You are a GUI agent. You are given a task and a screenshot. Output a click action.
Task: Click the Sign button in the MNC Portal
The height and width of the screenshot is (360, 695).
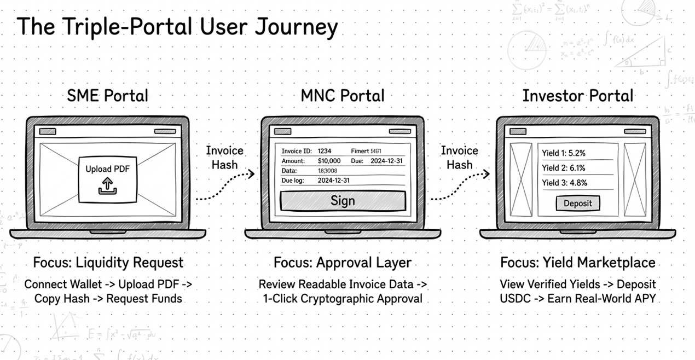[x=343, y=201]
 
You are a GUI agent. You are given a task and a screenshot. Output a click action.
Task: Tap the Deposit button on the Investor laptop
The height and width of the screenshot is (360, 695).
[x=577, y=203]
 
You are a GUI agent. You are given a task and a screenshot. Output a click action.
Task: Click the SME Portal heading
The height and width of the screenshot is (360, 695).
[x=107, y=96]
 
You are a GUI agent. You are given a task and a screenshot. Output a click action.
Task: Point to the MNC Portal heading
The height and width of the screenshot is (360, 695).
[x=343, y=96]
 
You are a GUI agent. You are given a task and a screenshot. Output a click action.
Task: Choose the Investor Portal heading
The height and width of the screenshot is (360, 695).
[x=577, y=96]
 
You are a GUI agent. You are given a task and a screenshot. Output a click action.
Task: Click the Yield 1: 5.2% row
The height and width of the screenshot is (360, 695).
[x=564, y=153]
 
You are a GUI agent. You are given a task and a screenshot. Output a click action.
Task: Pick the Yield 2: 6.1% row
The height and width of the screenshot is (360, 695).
[x=564, y=168]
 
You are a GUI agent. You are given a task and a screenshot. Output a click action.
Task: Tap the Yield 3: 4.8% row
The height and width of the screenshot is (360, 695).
[x=564, y=183]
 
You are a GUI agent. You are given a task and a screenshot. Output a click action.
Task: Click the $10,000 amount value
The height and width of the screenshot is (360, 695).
[x=329, y=161]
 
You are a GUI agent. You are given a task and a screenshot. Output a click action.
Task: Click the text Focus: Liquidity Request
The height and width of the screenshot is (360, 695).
[x=108, y=263]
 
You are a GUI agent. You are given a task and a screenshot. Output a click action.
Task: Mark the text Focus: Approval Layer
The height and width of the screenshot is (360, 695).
[x=343, y=263]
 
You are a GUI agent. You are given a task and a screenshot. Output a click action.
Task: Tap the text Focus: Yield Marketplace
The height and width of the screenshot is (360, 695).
[x=577, y=263]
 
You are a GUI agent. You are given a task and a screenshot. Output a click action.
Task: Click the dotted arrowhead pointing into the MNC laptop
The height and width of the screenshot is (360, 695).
[x=251, y=175]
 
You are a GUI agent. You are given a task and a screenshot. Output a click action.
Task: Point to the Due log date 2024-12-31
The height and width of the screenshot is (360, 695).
[x=333, y=180]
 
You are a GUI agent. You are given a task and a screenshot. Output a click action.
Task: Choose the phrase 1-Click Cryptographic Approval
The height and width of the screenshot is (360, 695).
[x=343, y=299]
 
